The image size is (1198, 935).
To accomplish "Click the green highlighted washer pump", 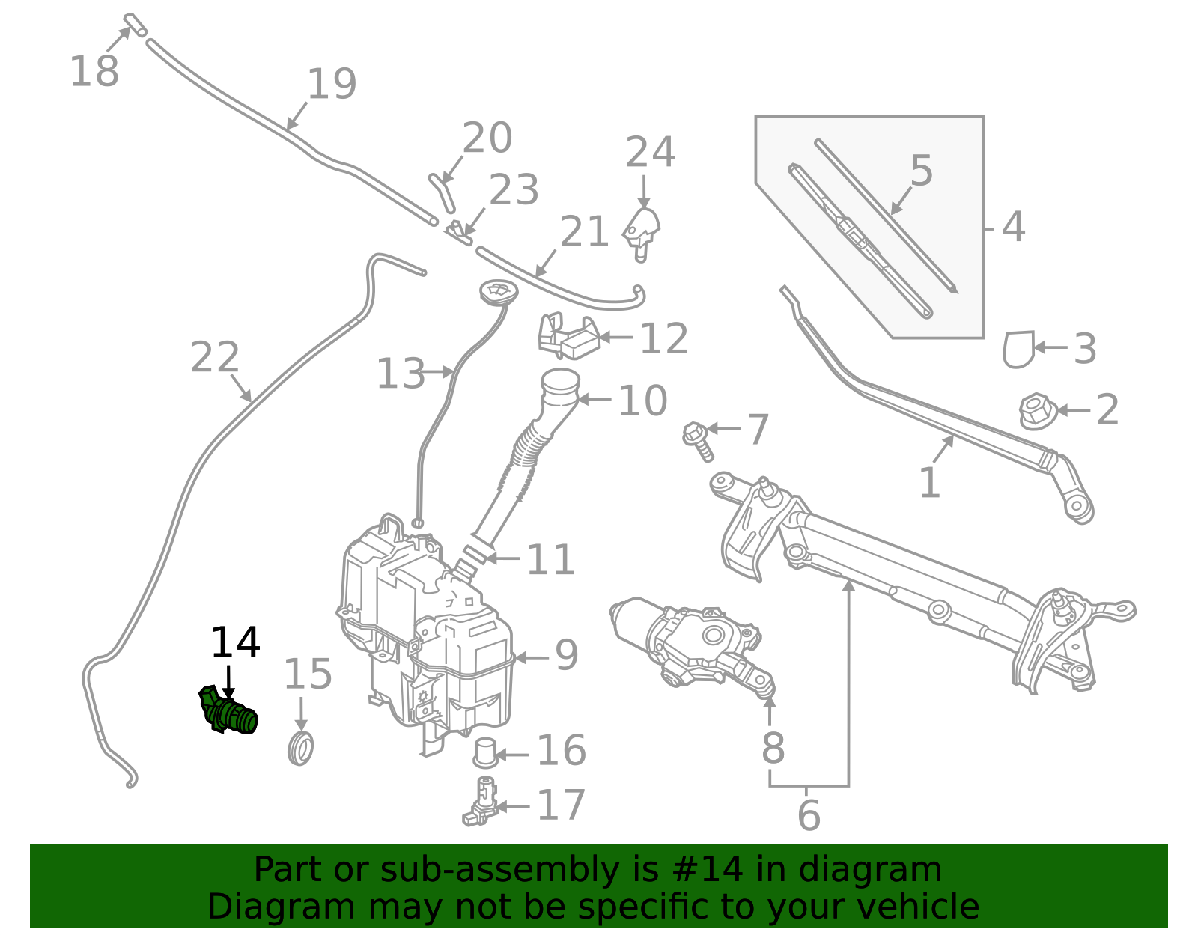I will [x=229, y=712].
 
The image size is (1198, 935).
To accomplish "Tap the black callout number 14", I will [x=235, y=642].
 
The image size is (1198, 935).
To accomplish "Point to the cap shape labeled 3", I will [x=1019, y=349].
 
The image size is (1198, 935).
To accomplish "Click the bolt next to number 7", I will [x=697, y=439].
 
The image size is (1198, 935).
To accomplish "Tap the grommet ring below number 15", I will [x=300, y=749].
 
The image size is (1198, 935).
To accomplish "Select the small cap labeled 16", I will [x=486, y=752].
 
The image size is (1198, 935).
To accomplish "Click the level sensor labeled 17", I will [x=481, y=802].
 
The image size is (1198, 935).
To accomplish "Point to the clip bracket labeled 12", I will [x=569, y=337].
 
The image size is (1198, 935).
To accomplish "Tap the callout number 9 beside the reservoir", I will [x=567, y=655].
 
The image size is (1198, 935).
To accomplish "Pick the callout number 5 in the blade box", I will [x=922, y=171].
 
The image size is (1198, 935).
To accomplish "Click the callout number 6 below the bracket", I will [x=809, y=815].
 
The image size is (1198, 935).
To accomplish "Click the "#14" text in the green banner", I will [x=708, y=870].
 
